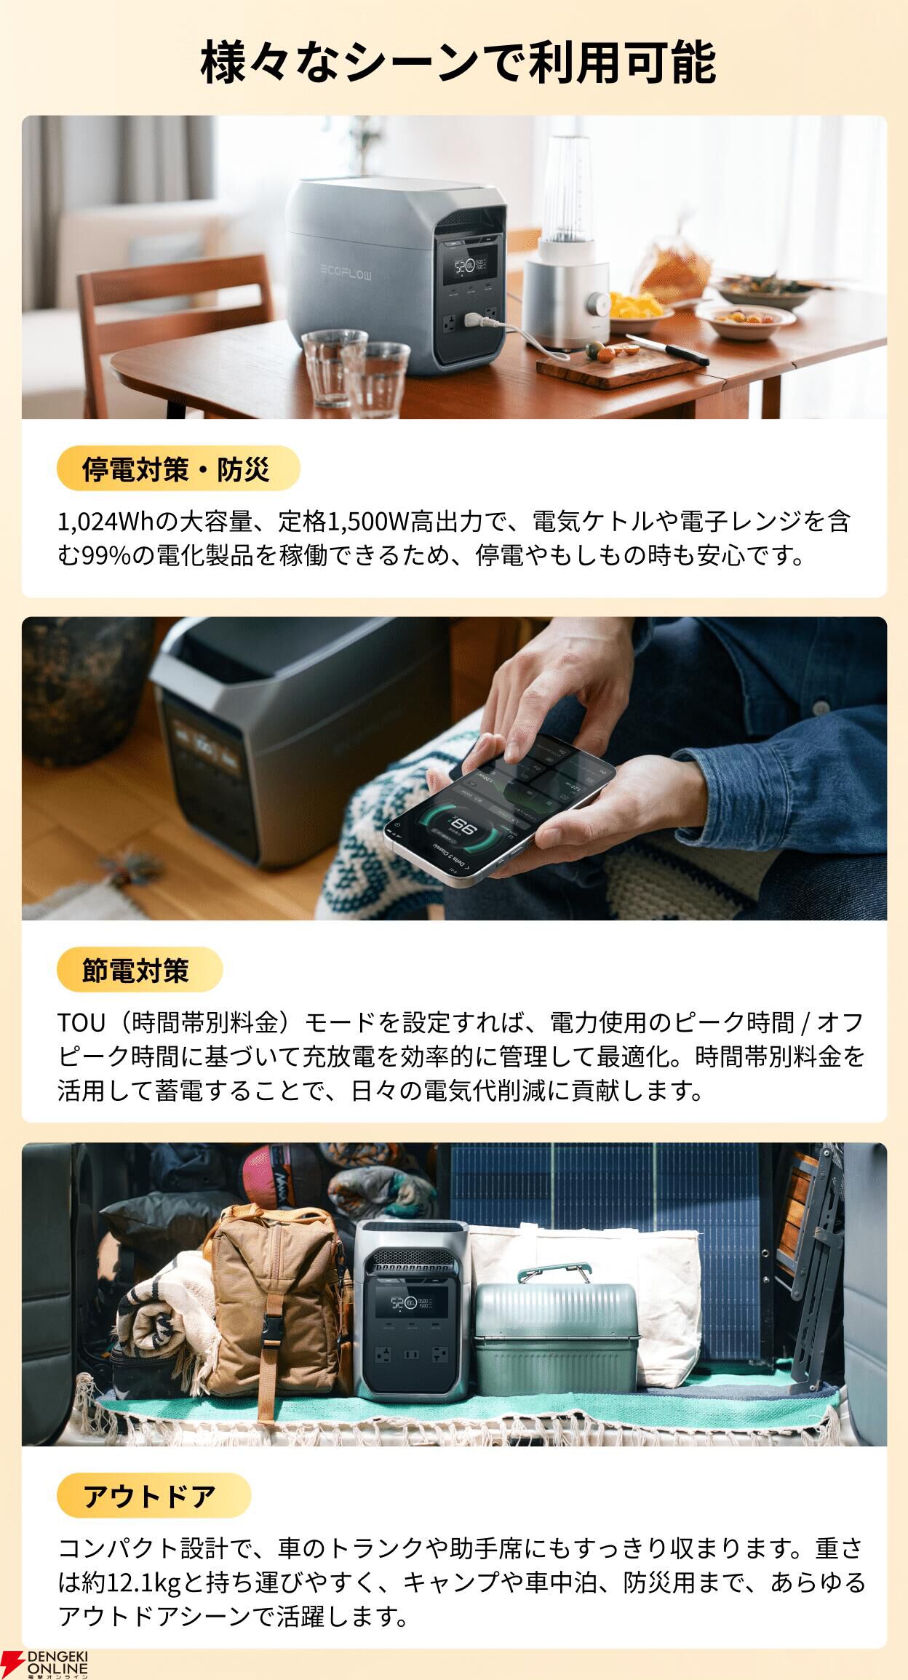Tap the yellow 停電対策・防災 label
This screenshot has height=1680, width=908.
point(178,469)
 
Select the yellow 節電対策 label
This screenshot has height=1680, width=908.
point(139,970)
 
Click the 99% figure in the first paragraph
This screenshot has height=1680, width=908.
point(106,557)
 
